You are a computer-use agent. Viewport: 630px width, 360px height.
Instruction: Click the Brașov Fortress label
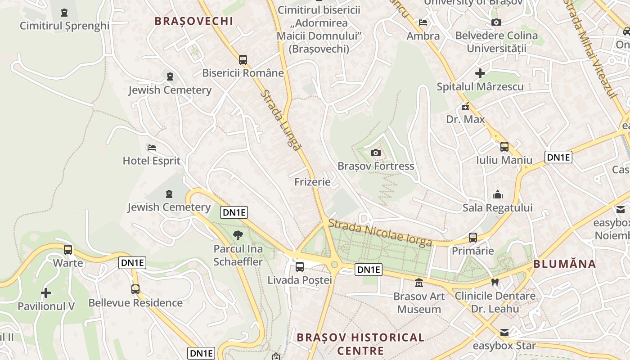(x=376, y=166)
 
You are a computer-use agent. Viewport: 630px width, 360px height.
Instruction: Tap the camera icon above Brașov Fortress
(x=376, y=153)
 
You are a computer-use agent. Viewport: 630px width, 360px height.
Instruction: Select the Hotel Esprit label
(x=152, y=161)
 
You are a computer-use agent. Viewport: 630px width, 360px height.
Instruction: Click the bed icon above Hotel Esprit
(x=152, y=148)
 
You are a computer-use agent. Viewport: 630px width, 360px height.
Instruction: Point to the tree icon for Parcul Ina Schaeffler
(x=238, y=235)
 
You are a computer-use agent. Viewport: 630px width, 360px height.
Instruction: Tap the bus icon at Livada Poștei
(x=300, y=266)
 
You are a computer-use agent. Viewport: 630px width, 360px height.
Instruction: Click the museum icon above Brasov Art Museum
(x=419, y=283)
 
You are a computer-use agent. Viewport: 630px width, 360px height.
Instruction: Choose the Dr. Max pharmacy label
(x=465, y=119)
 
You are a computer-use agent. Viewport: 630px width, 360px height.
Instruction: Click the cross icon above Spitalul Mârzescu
(x=480, y=73)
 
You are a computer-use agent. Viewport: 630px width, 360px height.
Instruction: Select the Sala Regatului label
(x=498, y=207)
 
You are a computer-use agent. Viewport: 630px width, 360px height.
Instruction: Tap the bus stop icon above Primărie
(x=473, y=237)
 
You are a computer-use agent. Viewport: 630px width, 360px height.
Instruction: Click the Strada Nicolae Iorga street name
(x=380, y=233)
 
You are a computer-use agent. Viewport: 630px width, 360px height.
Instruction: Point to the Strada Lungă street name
(x=280, y=120)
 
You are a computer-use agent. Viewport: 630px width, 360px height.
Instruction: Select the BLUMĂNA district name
(x=565, y=264)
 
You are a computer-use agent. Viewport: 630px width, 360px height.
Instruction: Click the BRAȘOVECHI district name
(x=194, y=21)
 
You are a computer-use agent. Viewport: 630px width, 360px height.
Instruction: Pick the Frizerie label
(x=312, y=182)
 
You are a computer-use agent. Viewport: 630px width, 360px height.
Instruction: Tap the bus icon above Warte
(x=68, y=249)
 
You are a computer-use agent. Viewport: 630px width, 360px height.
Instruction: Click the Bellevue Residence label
(x=135, y=303)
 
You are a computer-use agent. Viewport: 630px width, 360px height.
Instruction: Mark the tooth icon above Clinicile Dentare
(x=495, y=283)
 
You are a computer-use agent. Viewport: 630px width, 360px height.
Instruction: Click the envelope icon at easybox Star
(x=504, y=333)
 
